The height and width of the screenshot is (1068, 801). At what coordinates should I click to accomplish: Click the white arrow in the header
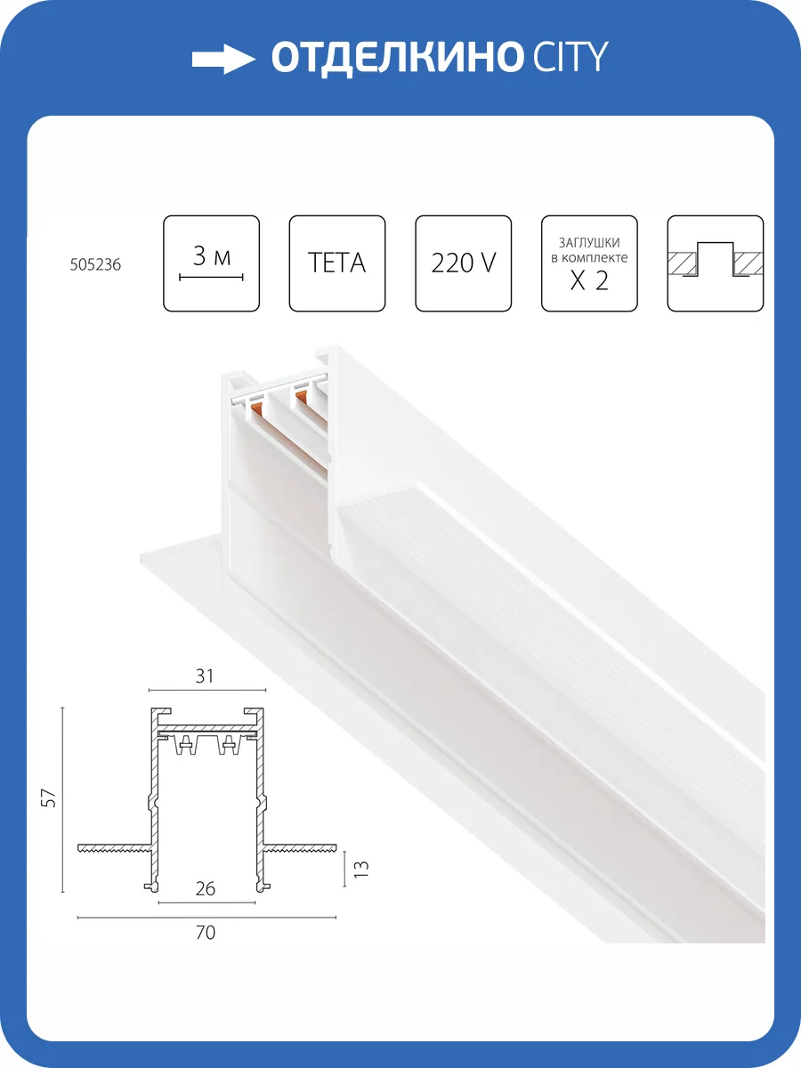pos(223,60)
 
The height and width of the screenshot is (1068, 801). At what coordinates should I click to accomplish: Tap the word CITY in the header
pos(570,57)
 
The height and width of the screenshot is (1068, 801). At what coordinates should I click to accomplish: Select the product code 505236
pos(95,264)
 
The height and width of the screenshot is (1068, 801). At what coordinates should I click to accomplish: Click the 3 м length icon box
pos(211,263)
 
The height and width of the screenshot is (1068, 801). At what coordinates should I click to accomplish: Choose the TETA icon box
pos(337,263)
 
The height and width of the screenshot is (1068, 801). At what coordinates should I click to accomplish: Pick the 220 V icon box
pos(463,263)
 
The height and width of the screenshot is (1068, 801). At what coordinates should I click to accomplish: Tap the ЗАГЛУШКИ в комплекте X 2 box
pos(589,263)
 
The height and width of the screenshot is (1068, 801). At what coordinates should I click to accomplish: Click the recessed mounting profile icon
pos(715,263)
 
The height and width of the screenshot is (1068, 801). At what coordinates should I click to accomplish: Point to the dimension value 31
pos(205,676)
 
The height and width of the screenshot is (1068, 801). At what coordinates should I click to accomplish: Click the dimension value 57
pos(49,799)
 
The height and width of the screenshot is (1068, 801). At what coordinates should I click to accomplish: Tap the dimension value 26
pos(206,889)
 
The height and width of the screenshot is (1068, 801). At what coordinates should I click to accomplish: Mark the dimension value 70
pos(206,933)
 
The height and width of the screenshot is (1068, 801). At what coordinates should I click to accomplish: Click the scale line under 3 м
pos(211,278)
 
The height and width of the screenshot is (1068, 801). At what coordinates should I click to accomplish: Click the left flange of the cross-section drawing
pos(115,847)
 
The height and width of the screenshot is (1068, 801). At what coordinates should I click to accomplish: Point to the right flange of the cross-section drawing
pos(300,847)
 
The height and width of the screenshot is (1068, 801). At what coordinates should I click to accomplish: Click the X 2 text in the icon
pos(589,280)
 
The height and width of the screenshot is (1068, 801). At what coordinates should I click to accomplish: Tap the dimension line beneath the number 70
pos(206,918)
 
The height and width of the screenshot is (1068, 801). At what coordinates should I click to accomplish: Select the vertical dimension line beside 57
pos(62,799)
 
